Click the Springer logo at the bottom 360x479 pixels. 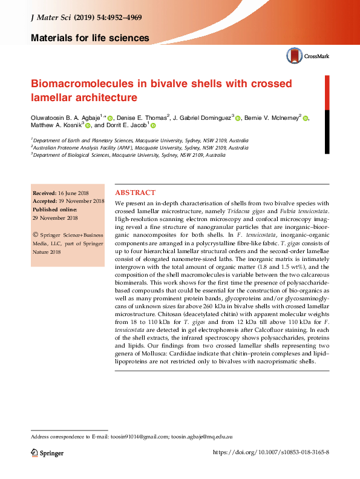pyautogui.click(x=48, y=452)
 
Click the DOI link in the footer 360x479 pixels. pyautogui.click(x=272, y=452)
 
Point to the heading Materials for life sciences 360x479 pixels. pyautogui.click(x=90, y=39)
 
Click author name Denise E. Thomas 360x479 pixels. pyautogui.click(x=142, y=118)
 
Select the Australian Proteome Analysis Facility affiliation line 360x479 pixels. pyautogui.click(x=140, y=147)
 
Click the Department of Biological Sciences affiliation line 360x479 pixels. pyautogui.click(x=128, y=155)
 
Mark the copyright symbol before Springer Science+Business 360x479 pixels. pyautogui.click(x=36, y=233)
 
